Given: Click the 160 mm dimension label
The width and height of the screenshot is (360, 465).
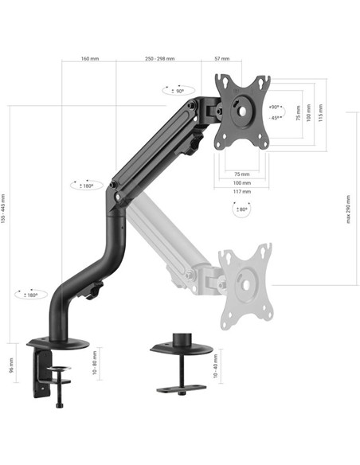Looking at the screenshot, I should pos(89,59).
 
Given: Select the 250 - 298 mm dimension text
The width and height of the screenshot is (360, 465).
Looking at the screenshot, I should pos(159,59).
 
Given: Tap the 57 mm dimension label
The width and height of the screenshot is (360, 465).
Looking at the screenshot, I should pos(222,59).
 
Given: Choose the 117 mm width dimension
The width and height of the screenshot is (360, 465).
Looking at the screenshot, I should pos(242,190).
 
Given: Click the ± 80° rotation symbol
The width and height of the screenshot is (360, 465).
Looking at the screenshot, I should pos(241,209).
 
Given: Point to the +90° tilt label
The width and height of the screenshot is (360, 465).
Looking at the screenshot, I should pos(275,107).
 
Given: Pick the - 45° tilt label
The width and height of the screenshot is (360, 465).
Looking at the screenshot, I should pos(275,117).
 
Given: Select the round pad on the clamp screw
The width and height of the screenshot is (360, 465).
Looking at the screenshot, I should pos(59,369).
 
